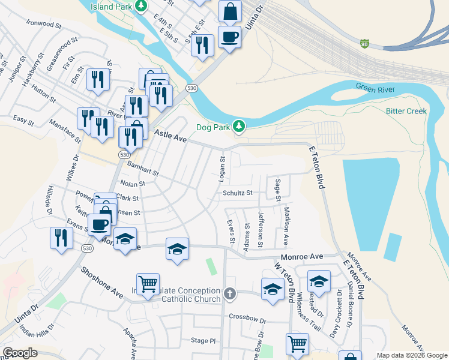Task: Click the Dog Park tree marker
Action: [240, 126]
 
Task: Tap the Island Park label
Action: [110, 6]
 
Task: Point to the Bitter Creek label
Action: [406, 111]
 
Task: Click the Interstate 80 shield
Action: [364, 44]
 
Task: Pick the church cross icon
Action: [229, 294]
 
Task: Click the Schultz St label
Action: [238, 193]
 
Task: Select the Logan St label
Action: [222, 169]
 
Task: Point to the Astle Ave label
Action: [170, 136]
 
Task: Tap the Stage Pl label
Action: [203, 340]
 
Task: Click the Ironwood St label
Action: [44, 25]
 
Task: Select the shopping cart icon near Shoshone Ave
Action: [148, 283]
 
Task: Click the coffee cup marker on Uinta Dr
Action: [229, 37]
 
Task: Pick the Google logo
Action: [20, 353]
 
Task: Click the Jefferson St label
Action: [261, 229]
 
